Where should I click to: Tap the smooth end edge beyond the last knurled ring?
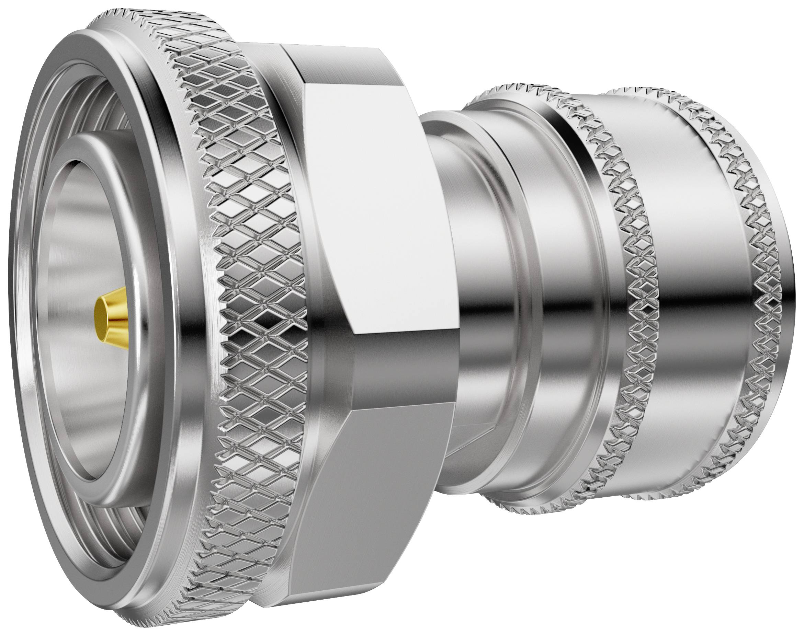coord(786,298)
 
